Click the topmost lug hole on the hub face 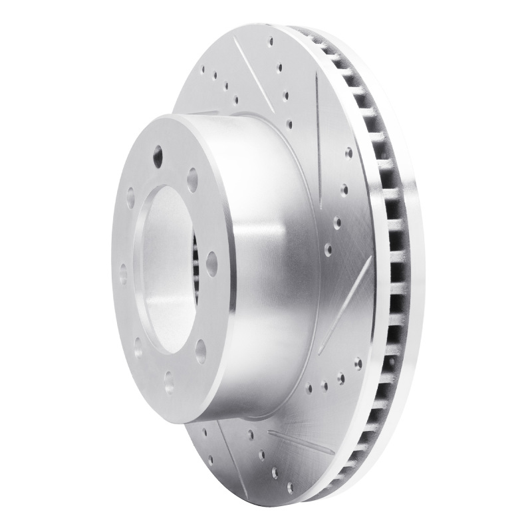(x=158, y=157)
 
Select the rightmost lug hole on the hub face (x=211, y=263)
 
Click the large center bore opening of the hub (x=166, y=266)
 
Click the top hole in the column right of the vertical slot (x=348, y=152)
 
